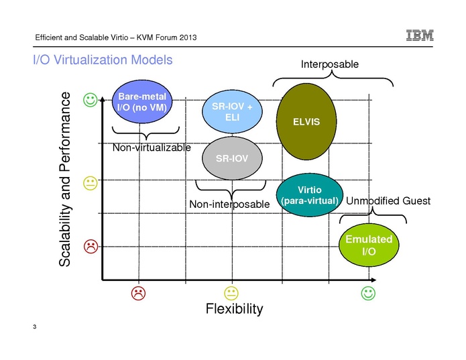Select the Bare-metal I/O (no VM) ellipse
(x=141, y=103)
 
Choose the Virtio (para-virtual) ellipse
(x=309, y=196)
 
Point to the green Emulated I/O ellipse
(x=368, y=245)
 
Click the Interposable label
(x=329, y=64)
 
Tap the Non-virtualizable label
(x=152, y=147)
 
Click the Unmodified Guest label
(x=388, y=201)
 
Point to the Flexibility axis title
(x=234, y=309)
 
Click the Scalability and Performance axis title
(x=65, y=180)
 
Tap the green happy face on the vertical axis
(x=90, y=100)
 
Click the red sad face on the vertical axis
(x=90, y=247)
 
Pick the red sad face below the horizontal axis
(x=137, y=293)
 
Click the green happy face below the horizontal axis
(x=367, y=293)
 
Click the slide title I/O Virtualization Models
(x=103, y=60)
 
